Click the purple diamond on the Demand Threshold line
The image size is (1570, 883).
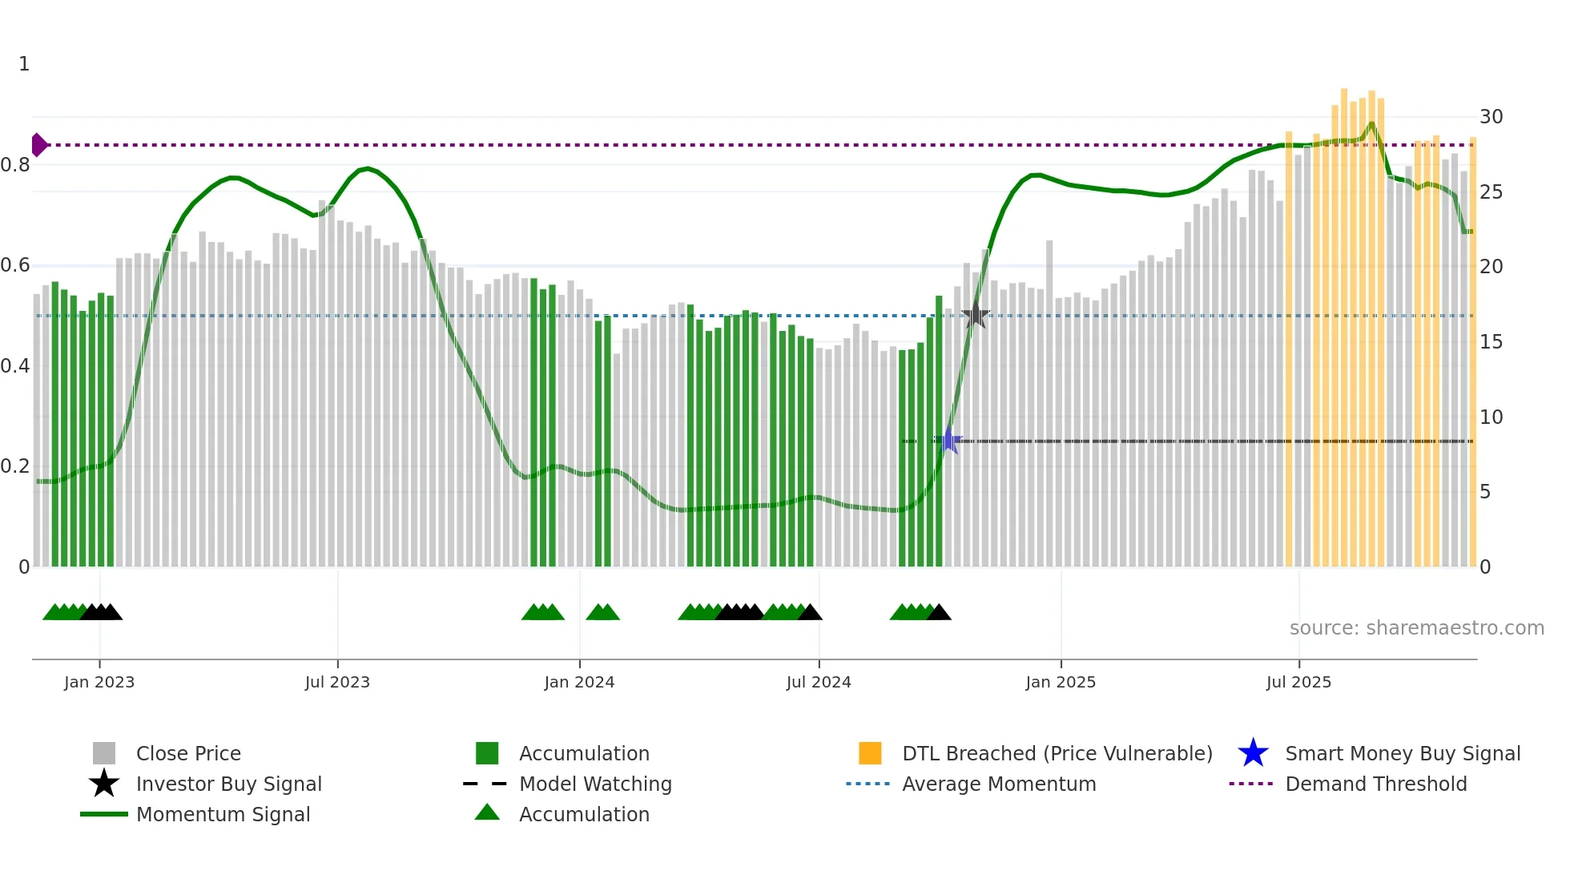point(38,145)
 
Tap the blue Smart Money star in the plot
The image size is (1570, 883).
point(948,441)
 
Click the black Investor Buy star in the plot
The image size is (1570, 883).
point(976,315)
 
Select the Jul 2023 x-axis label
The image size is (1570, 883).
point(337,683)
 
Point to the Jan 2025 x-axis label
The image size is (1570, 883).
point(1061,683)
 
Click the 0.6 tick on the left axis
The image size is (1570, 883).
point(14,265)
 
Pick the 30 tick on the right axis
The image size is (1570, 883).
point(1491,117)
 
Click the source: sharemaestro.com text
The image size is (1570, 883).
point(1416,628)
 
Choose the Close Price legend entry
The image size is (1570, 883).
point(188,754)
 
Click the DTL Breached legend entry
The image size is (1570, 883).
point(1057,754)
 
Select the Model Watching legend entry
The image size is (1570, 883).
point(595,784)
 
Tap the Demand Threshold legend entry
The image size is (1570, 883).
point(1375,784)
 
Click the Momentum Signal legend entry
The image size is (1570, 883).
point(223,815)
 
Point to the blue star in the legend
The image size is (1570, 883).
point(1253,753)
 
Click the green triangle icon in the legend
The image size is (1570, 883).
point(487,813)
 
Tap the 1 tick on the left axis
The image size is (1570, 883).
point(24,64)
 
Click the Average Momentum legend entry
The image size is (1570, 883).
point(998,784)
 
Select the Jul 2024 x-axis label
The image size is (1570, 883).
point(819,683)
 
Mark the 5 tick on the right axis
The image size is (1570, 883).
point(1485,492)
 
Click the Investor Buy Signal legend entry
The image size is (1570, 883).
point(228,784)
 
